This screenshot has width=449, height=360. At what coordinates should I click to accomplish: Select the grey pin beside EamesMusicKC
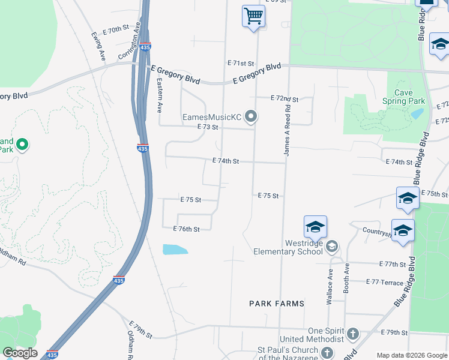pos(251,116)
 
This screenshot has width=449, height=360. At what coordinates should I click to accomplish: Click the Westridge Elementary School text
pos(288,247)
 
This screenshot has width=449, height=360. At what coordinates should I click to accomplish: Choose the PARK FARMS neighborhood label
pos(277,304)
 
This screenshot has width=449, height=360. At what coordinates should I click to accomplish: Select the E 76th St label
pos(186,229)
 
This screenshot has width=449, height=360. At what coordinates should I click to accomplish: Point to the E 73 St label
pos(207,127)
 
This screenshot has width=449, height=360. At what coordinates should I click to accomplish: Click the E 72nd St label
pos(285,98)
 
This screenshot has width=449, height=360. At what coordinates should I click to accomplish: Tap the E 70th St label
pos(116,28)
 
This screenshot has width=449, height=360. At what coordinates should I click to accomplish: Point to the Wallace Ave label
pos(330,286)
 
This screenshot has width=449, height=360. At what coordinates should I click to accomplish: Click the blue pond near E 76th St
pos(175,250)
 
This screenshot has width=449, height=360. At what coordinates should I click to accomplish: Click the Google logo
pos(20,353)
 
